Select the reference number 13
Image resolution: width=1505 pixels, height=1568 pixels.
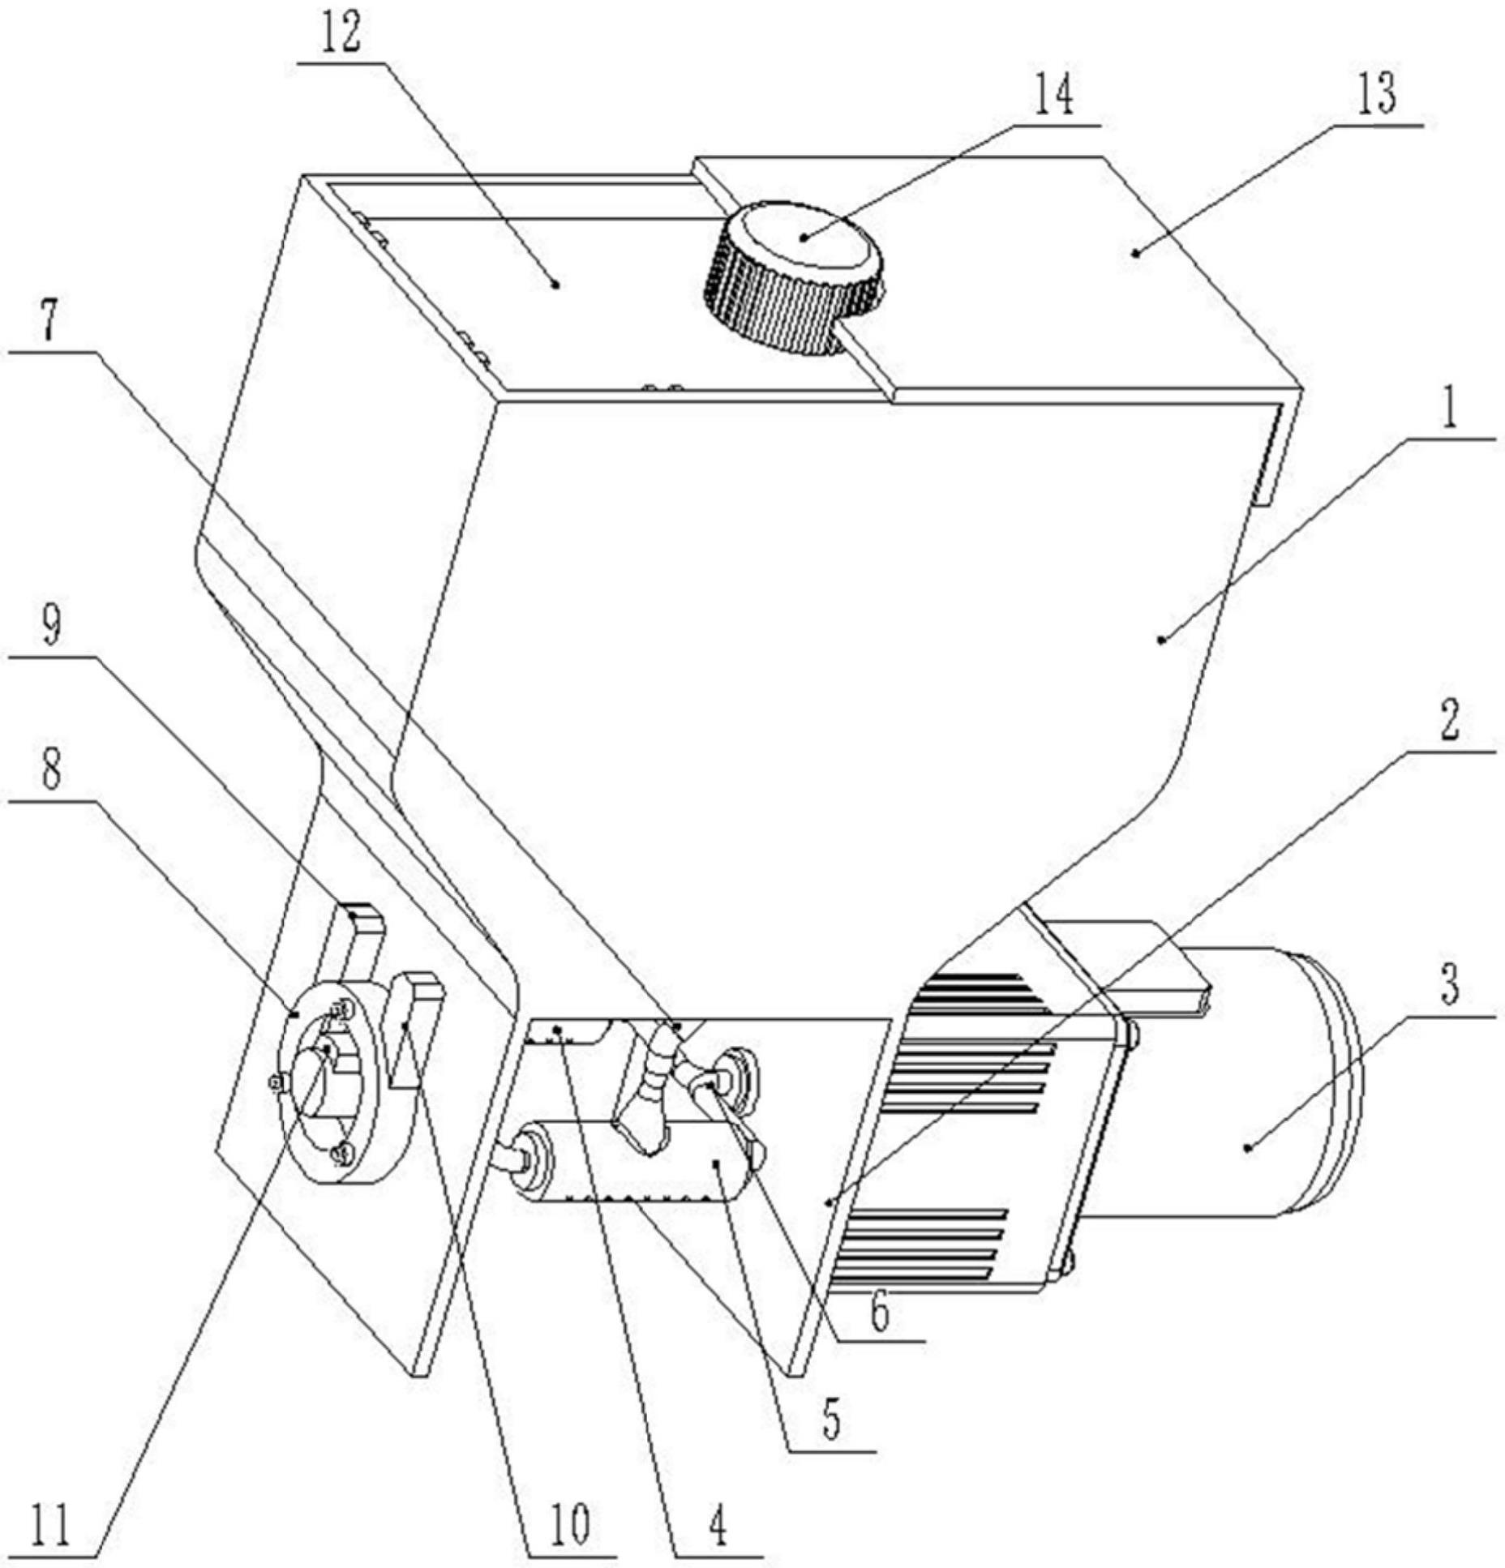tap(1378, 95)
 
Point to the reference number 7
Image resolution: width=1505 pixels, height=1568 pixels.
tap(50, 322)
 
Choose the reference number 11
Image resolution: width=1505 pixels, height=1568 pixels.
tap(50, 1526)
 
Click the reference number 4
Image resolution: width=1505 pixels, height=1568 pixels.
tap(717, 1526)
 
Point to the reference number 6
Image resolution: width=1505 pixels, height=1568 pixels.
tap(880, 1313)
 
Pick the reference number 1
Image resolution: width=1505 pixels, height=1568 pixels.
tap(1450, 409)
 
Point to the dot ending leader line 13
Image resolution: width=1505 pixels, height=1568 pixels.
tap(1135, 254)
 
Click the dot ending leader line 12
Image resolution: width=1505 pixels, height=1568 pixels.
tap(556, 283)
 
